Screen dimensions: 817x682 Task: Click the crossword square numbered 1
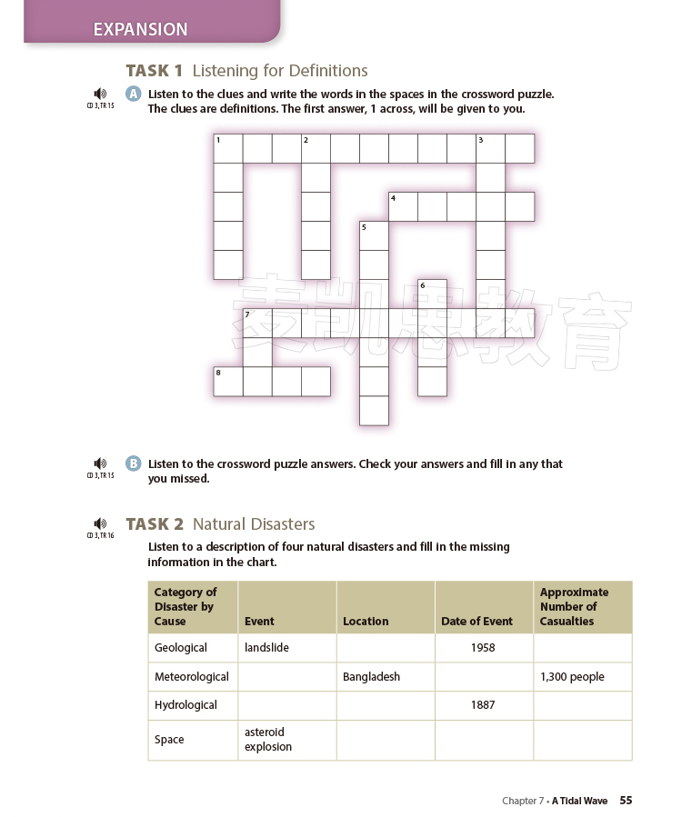228,148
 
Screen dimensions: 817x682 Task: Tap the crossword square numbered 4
403,206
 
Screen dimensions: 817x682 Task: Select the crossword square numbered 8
228,381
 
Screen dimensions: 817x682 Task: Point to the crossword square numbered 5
374,235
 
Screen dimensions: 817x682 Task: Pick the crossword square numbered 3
490,148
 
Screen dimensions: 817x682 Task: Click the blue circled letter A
134,94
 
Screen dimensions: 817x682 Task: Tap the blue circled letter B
134,463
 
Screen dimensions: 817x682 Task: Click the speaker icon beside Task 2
100,523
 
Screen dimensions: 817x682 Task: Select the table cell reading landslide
286,648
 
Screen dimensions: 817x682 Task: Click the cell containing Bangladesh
385,677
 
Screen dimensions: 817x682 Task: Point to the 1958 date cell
483,648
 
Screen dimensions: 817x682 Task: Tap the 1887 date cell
483,705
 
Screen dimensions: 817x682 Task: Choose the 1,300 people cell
582,677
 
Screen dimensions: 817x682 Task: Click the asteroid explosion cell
286,740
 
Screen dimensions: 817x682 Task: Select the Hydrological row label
192,705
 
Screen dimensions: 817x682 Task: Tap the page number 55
626,801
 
